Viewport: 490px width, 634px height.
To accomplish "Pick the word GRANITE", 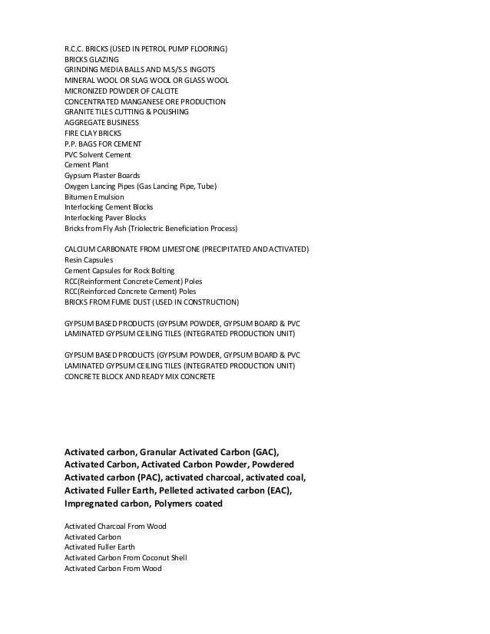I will coord(78,112).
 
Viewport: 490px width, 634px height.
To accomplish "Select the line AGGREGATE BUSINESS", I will coord(101,123).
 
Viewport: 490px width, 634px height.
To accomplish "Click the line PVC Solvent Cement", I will coord(98,154).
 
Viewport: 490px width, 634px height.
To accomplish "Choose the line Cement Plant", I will coord(87,165).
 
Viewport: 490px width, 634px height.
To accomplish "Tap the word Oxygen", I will coord(78,187).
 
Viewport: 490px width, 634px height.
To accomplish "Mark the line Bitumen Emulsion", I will coord(94,196).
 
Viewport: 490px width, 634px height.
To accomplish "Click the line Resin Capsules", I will coord(88,260).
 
